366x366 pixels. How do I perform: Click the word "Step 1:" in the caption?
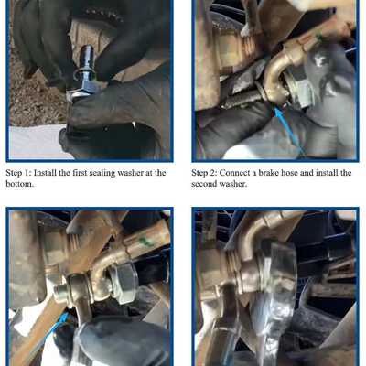(x=18, y=173)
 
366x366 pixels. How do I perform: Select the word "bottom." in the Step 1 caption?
(x=19, y=184)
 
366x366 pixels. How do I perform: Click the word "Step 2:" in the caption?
(x=204, y=173)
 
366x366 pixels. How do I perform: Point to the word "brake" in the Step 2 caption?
(x=268, y=173)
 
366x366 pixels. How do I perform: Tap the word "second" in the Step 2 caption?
(x=203, y=184)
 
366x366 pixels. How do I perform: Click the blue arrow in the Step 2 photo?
(x=290, y=132)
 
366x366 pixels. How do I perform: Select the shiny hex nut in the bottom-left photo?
(x=123, y=283)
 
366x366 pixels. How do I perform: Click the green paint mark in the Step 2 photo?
(x=319, y=37)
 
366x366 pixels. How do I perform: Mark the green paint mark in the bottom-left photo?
(x=145, y=241)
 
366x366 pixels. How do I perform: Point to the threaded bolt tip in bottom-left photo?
(x=59, y=293)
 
